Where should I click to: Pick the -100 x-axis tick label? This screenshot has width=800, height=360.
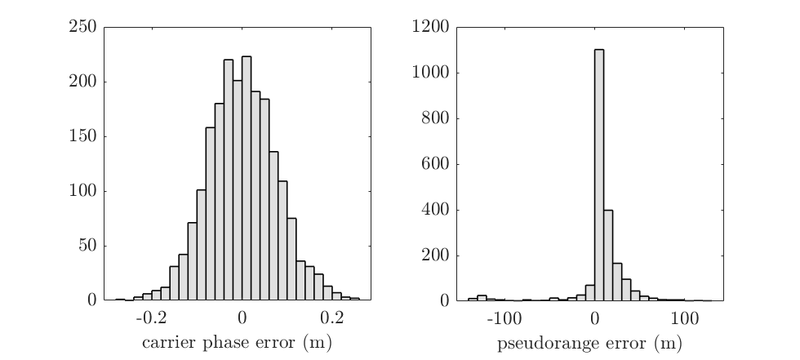(502, 317)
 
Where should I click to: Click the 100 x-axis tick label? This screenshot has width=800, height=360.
(685, 317)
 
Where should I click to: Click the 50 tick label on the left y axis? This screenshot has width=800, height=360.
(90, 247)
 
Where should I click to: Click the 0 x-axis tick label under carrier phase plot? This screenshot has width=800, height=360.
(242, 317)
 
